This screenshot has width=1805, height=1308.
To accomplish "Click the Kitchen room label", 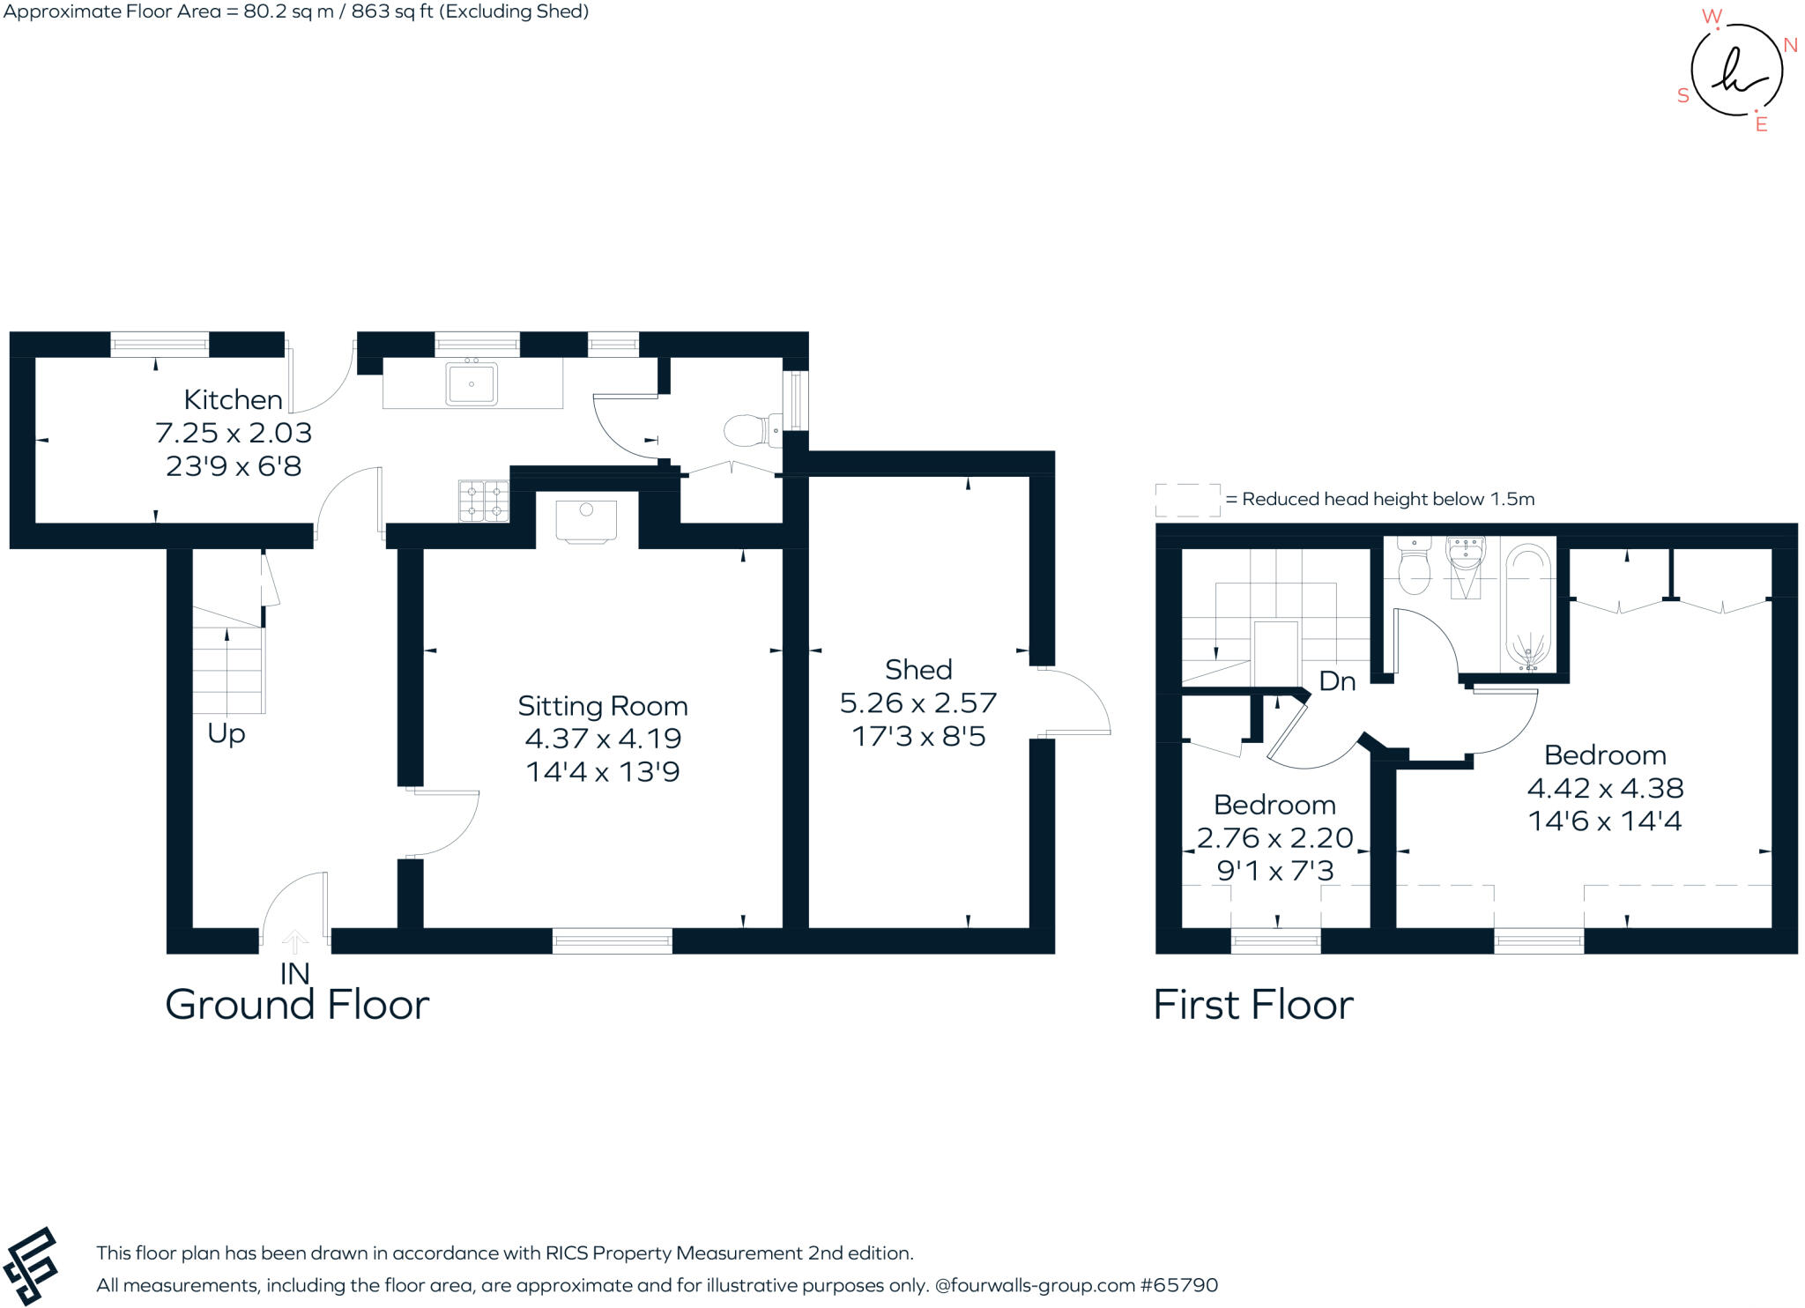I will pos(233,400).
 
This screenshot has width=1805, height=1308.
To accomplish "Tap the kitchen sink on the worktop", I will pos(472,384).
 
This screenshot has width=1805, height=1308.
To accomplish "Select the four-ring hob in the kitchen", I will pos(484,501).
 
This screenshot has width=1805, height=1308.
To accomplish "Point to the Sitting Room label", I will pos(602,706).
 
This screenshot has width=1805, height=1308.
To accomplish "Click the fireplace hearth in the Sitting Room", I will pos(586,520).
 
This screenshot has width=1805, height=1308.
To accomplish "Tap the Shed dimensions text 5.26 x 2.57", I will pos(917,703).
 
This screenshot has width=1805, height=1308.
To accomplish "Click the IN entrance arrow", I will pos(295,943).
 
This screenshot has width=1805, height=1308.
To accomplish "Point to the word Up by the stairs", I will pos(227,733).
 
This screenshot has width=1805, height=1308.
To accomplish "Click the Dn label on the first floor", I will pos(1336,681).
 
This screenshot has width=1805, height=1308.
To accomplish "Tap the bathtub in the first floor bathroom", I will pos(1527,606).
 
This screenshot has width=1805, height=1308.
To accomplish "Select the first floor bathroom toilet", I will pos(1414,569).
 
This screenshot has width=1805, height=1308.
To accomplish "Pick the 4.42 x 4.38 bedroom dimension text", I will pos(1605,788).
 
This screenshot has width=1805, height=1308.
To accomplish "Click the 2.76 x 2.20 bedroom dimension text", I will pos(1274,837).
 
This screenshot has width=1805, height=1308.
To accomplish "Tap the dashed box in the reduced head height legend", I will pos(1187,500).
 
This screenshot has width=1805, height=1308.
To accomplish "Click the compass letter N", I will pos(1790,45).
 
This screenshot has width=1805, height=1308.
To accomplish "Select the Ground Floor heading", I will pos(297,1005).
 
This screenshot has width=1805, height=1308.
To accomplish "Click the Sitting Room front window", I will pos(612,940).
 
